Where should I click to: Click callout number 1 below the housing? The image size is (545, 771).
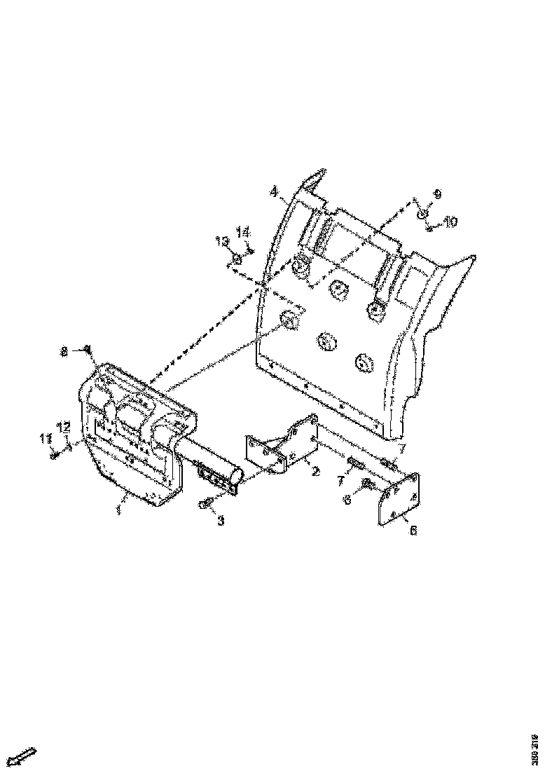point(118,511)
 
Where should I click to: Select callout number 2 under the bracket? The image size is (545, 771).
point(315,472)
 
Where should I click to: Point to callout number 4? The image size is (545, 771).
point(275,191)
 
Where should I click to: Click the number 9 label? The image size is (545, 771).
point(438,193)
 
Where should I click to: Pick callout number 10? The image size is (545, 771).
point(450,221)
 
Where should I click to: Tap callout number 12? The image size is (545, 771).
point(64,425)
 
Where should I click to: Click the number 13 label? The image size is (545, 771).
point(223,242)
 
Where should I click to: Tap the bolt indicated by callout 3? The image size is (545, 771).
point(205,504)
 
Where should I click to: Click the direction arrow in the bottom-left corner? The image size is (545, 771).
point(24,756)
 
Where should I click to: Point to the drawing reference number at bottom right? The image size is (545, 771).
point(534,743)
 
